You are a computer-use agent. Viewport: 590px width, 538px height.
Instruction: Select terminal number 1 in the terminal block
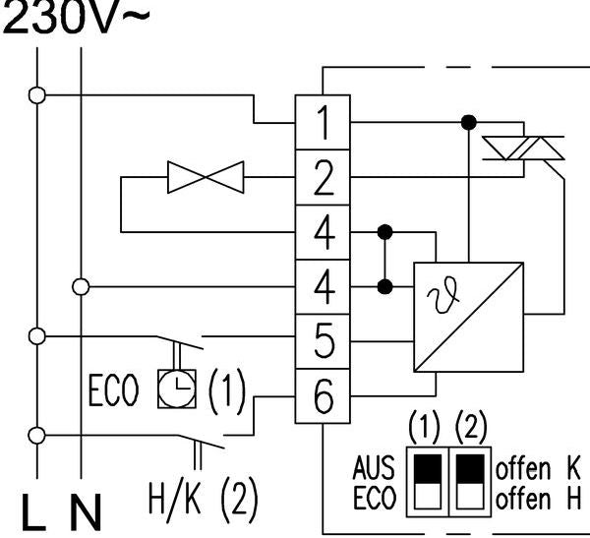324,123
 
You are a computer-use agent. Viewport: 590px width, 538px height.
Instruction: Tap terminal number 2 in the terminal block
324,179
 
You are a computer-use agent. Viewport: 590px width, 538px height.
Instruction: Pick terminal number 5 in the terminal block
324,344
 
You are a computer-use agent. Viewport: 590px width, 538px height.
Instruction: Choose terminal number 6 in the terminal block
324,399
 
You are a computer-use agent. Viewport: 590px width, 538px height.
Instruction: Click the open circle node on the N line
81,286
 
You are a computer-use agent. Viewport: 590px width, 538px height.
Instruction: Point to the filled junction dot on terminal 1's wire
469,123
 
